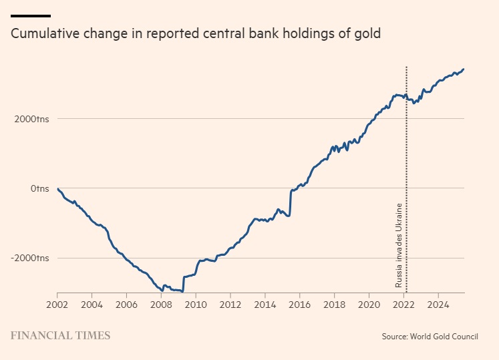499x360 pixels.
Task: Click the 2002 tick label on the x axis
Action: (57, 305)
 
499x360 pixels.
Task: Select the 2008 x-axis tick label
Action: (161, 305)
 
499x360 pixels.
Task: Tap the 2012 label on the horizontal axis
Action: (230, 305)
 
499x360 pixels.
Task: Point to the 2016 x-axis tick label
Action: (299, 305)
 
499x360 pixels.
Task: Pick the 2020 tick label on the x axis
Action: (369, 305)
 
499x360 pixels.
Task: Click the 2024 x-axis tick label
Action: (438, 305)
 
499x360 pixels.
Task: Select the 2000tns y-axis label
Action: (31, 119)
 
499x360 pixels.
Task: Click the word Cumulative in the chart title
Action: (44, 34)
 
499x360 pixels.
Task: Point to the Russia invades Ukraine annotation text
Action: (399, 244)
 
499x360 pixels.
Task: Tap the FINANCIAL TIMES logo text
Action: (60, 336)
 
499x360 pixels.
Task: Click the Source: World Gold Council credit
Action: (430, 337)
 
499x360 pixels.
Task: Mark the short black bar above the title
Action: (31, 15)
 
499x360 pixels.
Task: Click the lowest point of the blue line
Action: (182, 292)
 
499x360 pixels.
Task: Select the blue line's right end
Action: (464, 69)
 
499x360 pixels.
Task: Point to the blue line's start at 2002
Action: (57, 189)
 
